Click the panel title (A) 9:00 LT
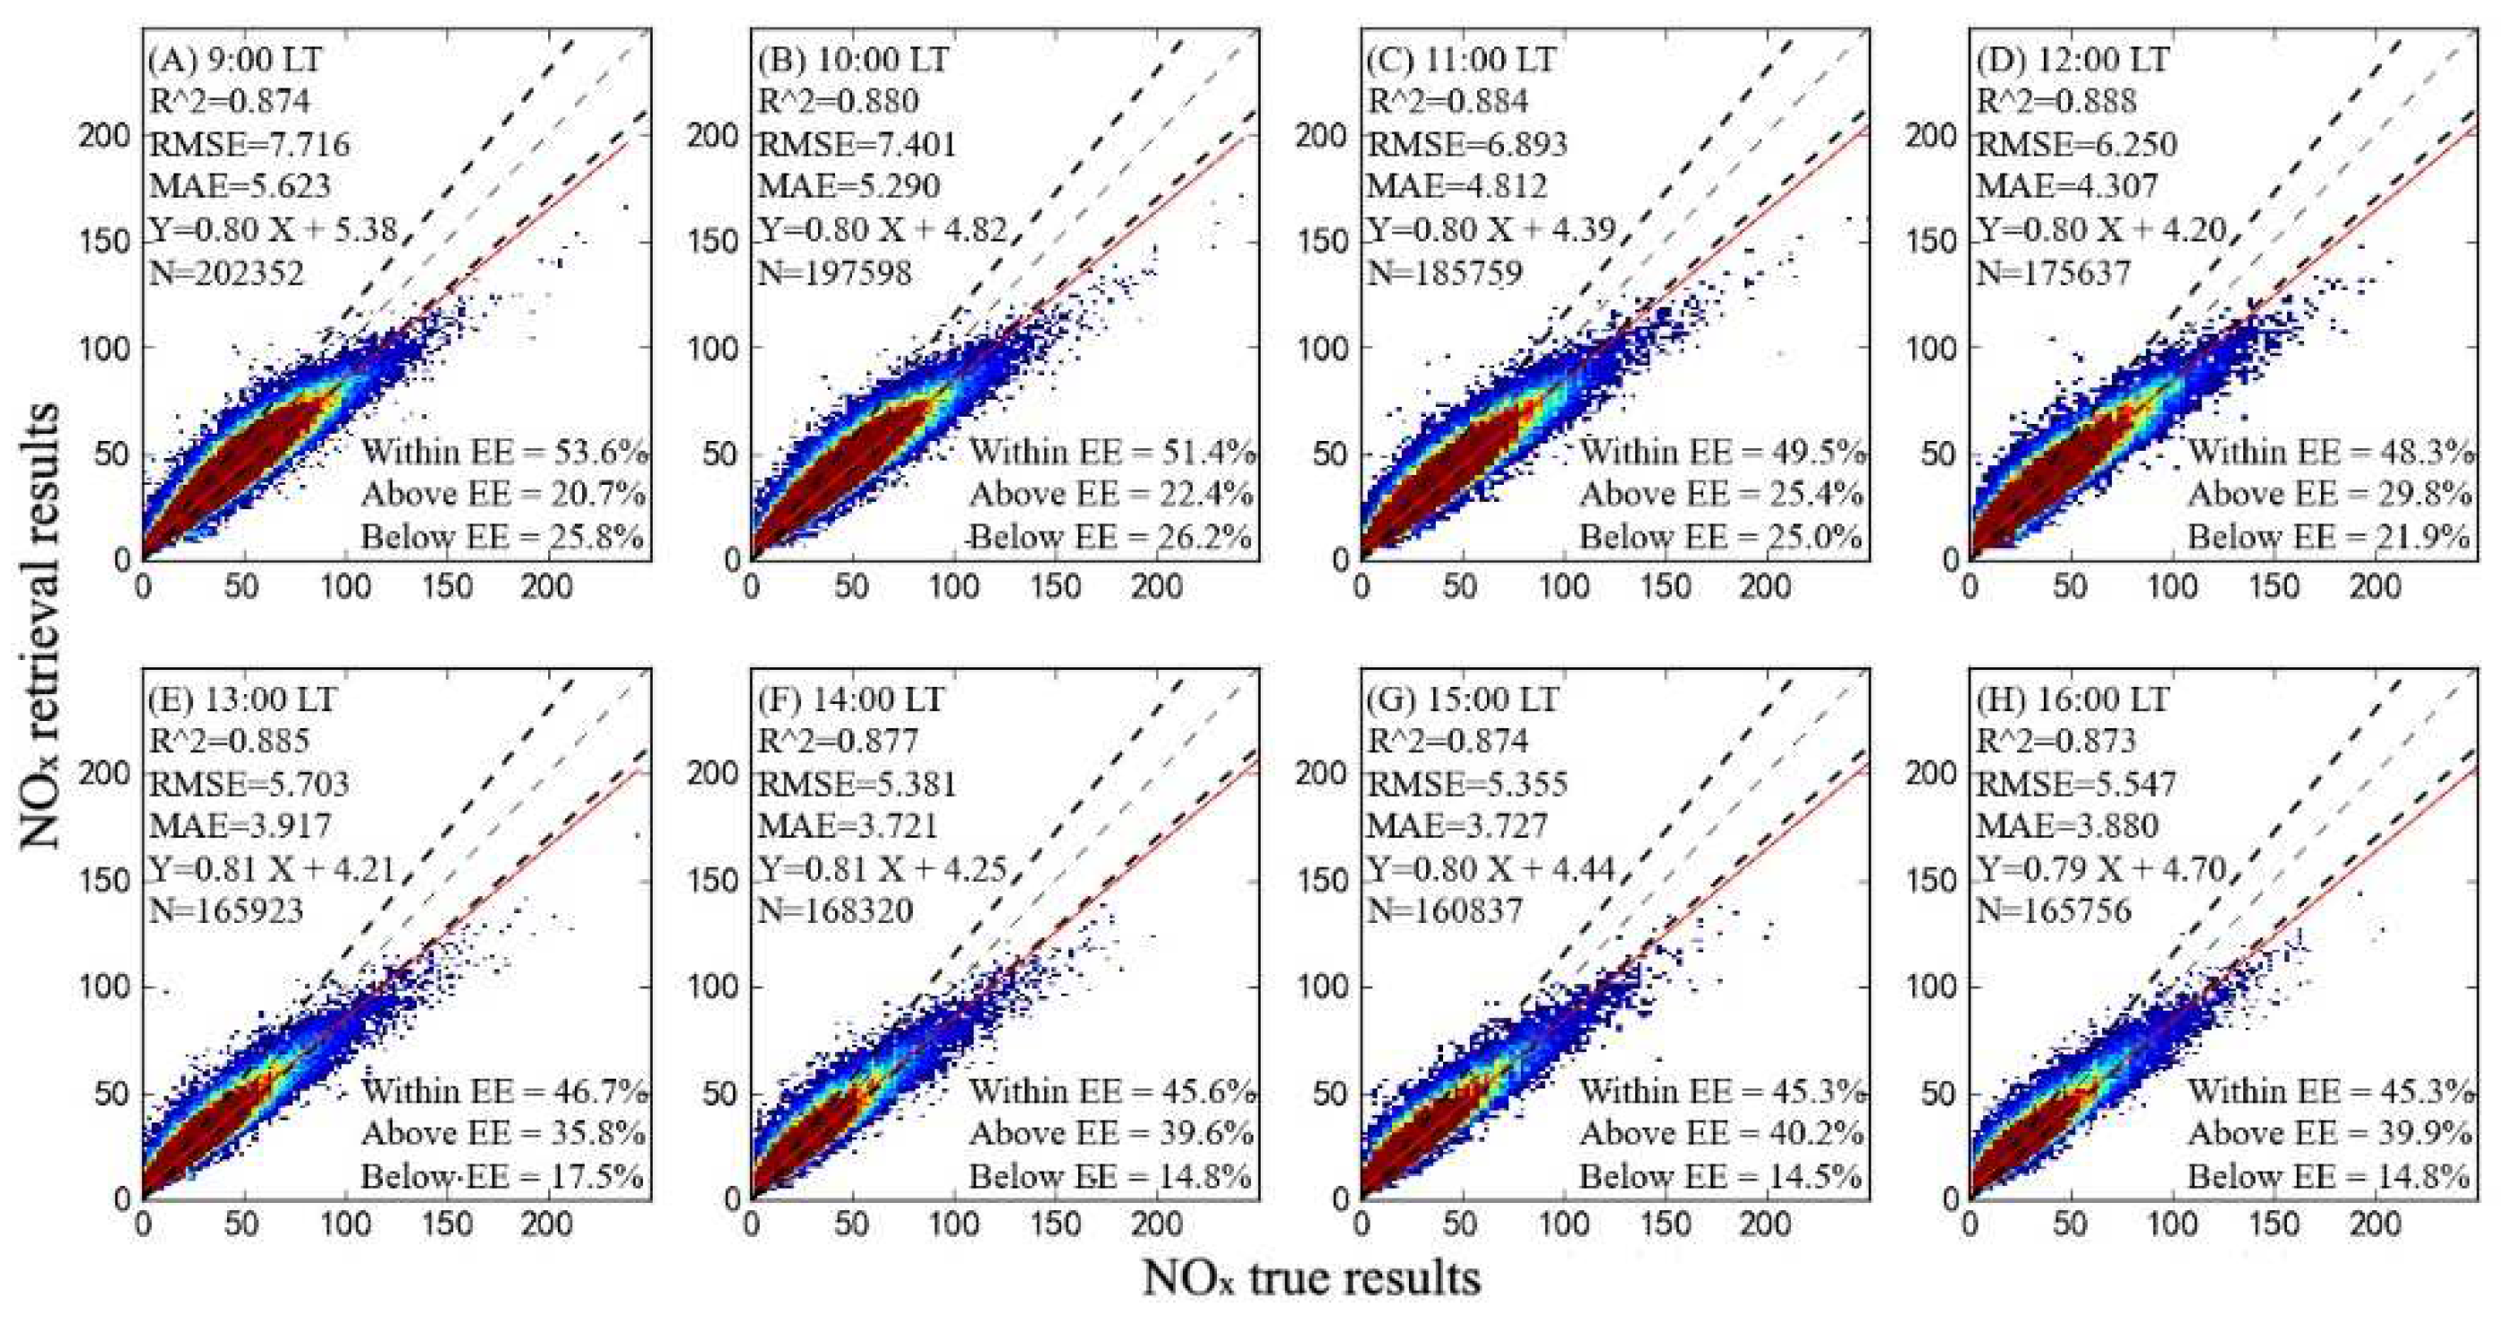[234, 60]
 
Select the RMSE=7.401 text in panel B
[857, 145]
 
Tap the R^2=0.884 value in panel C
[1448, 101]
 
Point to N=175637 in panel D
[2054, 273]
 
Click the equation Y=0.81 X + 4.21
[273, 868]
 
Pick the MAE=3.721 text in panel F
[848, 826]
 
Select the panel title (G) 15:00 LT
[1463, 700]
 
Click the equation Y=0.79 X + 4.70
[2102, 868]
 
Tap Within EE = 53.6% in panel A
[503, 453]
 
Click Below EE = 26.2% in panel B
[1110, 538]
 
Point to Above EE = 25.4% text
[1720, 495]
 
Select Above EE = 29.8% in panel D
[2330, 495]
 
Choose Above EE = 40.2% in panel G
[1720, 1134]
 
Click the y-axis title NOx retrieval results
[41, 628]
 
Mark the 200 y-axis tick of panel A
[103, 135]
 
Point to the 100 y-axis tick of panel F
[713, 987]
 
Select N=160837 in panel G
[1444, 911]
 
